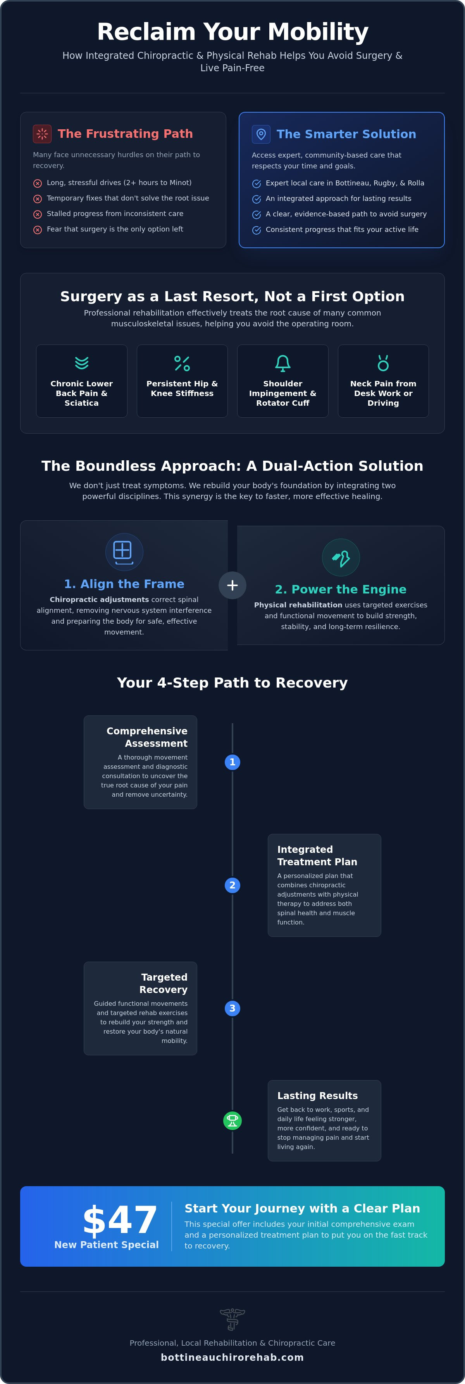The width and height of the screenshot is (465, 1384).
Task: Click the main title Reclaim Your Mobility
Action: [x=232, y=32]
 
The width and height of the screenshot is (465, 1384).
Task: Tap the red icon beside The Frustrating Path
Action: [x=42, y=134]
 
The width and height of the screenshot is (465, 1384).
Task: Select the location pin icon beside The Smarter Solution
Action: [x=261, y=134]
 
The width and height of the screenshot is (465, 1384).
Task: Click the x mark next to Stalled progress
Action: [x=38, y=214]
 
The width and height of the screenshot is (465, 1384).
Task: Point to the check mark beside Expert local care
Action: [x=257, y=184]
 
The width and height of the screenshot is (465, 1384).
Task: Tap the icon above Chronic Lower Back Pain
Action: [x=82, y=363]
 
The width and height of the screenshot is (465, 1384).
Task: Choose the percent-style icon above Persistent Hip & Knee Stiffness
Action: [x=182, y=363]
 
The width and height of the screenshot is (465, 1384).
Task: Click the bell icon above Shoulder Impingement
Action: [x=283, y=363]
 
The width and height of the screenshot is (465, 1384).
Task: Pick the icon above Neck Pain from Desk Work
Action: [x=383, y=363]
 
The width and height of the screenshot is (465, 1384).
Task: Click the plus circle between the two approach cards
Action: [x=232, y=585]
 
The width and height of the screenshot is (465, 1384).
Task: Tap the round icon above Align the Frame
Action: [x=124, y=552]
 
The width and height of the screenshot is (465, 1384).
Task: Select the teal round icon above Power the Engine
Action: [x=341, y=557]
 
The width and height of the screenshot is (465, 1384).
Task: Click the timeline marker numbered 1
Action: [x=232, y=762]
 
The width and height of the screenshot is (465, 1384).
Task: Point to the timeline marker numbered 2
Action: [x=232, y=885]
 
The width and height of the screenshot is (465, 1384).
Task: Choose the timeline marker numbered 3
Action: [x=232, y=1008]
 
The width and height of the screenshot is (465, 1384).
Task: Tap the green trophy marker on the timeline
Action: [x=232, y=1121]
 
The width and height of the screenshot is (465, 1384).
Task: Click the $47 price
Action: [x=120, y=1219]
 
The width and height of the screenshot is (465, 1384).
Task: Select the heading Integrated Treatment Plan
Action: [x=317, y=855]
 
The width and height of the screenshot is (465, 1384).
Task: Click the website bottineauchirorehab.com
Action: [x=232, y=1357]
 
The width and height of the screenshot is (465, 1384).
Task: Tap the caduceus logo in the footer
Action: [x=232, y=1319]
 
